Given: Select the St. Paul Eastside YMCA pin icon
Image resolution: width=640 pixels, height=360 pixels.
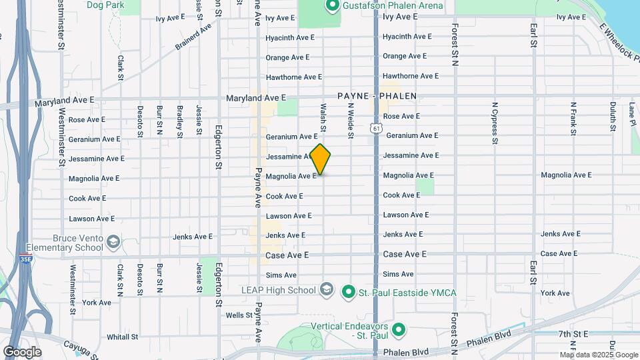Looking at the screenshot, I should [347, 291].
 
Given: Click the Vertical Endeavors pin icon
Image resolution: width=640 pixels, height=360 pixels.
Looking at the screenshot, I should [399, 329].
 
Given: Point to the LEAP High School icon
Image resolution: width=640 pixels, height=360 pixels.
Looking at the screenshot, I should [326, 290].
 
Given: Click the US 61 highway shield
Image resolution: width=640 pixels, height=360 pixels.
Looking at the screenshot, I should [377, 127].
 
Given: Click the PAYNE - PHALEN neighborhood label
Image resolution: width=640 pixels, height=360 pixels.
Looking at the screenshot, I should [377, 96].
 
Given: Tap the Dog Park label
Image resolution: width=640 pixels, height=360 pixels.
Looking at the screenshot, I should [105, 5].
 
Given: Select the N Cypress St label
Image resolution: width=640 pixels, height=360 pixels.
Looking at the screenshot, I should [495, 123].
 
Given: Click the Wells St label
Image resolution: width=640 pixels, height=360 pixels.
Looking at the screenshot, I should [239, 315].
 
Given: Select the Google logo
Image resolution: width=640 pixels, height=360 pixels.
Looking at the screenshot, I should [22, 351].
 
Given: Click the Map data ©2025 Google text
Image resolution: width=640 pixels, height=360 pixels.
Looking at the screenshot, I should [599, 355].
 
